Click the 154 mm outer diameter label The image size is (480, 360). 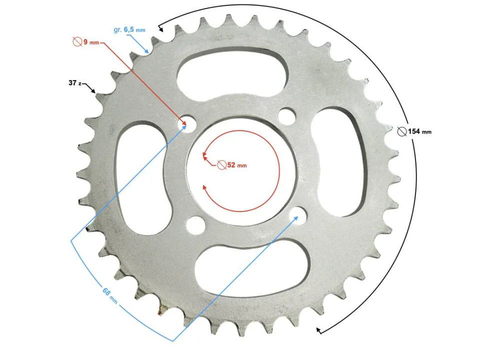pyautogui.click(x=419, y=131)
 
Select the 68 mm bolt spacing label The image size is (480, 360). pyautogui.click(x=109, y=295)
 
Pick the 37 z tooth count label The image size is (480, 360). pyautogui.click(x=75, y=83)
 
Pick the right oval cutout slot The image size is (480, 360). pyautogui.click(x=338, y=162)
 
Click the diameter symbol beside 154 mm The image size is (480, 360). pyautogui.click(x=401, y=131)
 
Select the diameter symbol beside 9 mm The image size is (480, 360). pyautogui.click(x=77, y=42)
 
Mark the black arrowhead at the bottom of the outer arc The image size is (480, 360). pyautogui.click(x=319, y=329)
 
